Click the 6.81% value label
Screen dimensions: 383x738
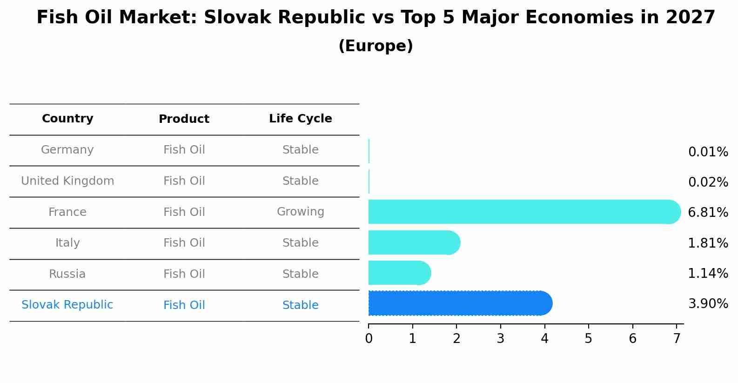[x=708, y=213]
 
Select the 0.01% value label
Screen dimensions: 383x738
[x=708, y=152]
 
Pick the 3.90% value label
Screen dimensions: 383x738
[x=708, y=304]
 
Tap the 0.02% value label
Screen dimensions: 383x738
[x=708, y=182]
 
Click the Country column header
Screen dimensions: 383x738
[x=67, y=119]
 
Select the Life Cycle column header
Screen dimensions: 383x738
[x=300, y=119]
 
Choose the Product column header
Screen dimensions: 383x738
[x=184, y=119]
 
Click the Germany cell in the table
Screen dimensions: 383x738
[x=67, y=150]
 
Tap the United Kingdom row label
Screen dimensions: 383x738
[x=67, y=181]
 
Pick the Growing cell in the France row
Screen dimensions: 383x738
[x=300, y=212]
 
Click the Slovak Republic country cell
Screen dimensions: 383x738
[x=67, y=305]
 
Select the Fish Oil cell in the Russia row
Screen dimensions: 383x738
[x=184, y=274]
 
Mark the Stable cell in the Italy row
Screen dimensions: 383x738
[x=300, y=243]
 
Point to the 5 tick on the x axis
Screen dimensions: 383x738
[x=588, y=338]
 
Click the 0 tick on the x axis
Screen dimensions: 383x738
[x=369, y=338]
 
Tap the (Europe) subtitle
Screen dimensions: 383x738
[x=376, y=46]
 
